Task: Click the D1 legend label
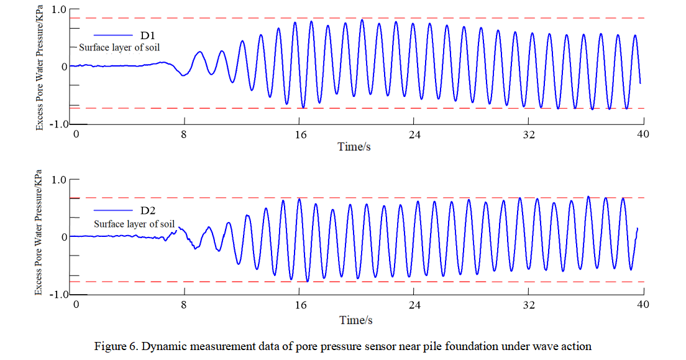click(x=148, y=35)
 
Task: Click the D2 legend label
click(x=148, y=211)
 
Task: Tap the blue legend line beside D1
click(x=112, y=35)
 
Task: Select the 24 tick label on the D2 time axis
click(x=414, y=305)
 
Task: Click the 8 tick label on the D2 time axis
click(x=183, y=305)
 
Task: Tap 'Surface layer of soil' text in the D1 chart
click(x=121, y=47)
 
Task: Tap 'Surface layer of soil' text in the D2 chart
click(x=134, y=224)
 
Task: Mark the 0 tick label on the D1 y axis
click(x=63, y=67)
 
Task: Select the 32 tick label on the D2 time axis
click(x=529, y=305)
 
